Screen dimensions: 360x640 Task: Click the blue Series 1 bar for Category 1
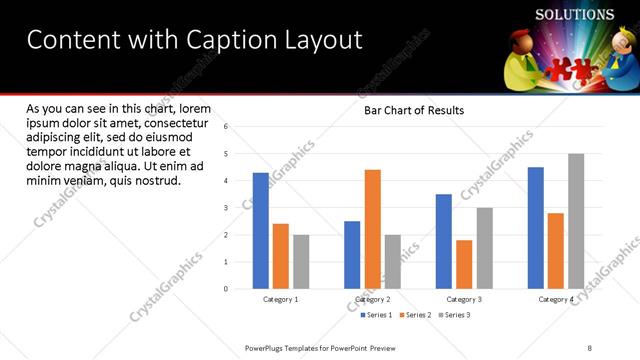coord(261,231)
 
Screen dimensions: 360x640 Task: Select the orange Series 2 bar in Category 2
coord(372,229)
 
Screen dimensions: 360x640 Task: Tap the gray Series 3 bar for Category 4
coord(576,221)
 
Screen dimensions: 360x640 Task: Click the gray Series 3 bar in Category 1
coord(301,262)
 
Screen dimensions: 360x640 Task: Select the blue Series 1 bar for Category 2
coord(352,255)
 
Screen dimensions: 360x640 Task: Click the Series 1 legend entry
coord(376,315)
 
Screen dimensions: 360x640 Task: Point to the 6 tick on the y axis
coord(227,127)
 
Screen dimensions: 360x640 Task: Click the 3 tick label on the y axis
coord(227,208)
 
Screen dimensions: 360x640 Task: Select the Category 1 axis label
coord(281,299)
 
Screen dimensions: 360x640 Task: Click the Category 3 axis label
coord(464,299)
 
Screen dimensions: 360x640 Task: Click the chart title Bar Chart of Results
coord(413,110)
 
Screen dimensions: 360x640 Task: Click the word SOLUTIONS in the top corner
coord(574,15)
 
